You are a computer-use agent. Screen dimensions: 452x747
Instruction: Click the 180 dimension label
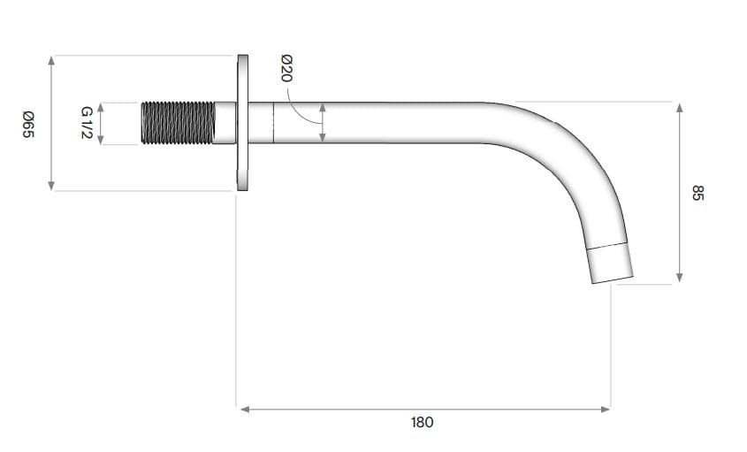click(423, 422)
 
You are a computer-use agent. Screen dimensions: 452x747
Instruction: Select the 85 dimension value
click(697, 193)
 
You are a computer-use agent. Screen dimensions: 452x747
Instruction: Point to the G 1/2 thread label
click(87, 123)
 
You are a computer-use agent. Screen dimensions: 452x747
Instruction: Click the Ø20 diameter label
click(286, 68)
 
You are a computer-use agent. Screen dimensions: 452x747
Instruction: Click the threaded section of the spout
click(178, 123)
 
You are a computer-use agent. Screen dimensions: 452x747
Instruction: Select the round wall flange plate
click(242, 122)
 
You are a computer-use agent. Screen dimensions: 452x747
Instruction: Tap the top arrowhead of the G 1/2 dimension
click(102, 107)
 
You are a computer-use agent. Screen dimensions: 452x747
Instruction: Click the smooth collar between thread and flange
click(225, 123)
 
